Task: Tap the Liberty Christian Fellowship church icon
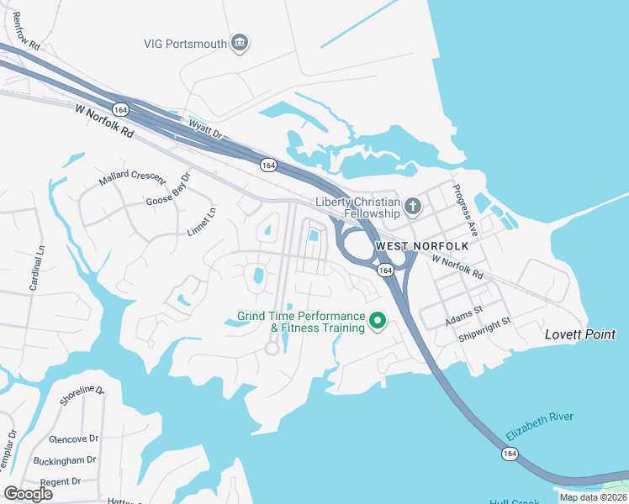tap(412, 205)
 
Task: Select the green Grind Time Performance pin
tap(378, 320)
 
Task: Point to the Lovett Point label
tap(580, 334)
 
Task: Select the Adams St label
tap(464, 309)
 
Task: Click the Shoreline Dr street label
tap(82, 396)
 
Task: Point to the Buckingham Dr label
tap(66, 461)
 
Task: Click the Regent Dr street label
tap(60, 481)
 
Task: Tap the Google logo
tap(28, 493)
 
